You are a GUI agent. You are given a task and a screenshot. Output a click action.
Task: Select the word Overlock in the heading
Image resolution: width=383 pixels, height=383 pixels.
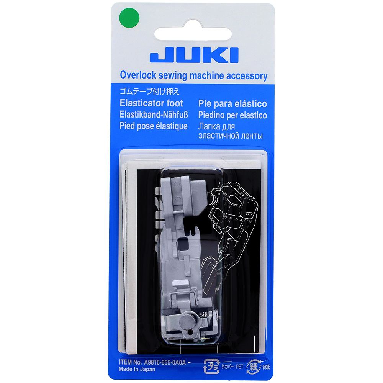coord(138,75)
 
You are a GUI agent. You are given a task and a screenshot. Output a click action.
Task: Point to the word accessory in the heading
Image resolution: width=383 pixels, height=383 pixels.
coord(247,76)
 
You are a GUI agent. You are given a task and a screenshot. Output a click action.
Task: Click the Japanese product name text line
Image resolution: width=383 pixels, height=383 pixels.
coord(150,92)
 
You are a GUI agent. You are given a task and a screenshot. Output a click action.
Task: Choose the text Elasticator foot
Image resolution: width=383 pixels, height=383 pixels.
coord(151,103)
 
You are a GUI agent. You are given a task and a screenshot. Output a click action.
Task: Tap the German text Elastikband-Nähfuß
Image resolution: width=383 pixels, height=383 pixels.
coord(154,115)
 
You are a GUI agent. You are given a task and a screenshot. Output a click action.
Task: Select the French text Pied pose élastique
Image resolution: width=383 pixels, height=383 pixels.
coord(154,126)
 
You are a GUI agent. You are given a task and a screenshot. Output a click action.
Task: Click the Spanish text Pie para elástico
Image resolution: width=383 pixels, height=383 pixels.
coord(232,104)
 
